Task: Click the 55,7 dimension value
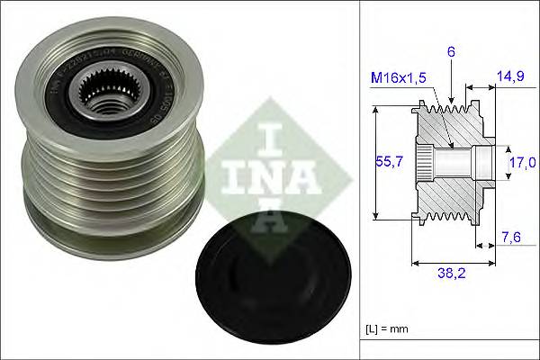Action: tap(386, 162)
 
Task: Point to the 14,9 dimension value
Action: tap(510, 79)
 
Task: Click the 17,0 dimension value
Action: tap(520, 162)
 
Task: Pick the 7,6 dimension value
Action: tap(510, 237)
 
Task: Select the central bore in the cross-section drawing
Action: tap(450, 162)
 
